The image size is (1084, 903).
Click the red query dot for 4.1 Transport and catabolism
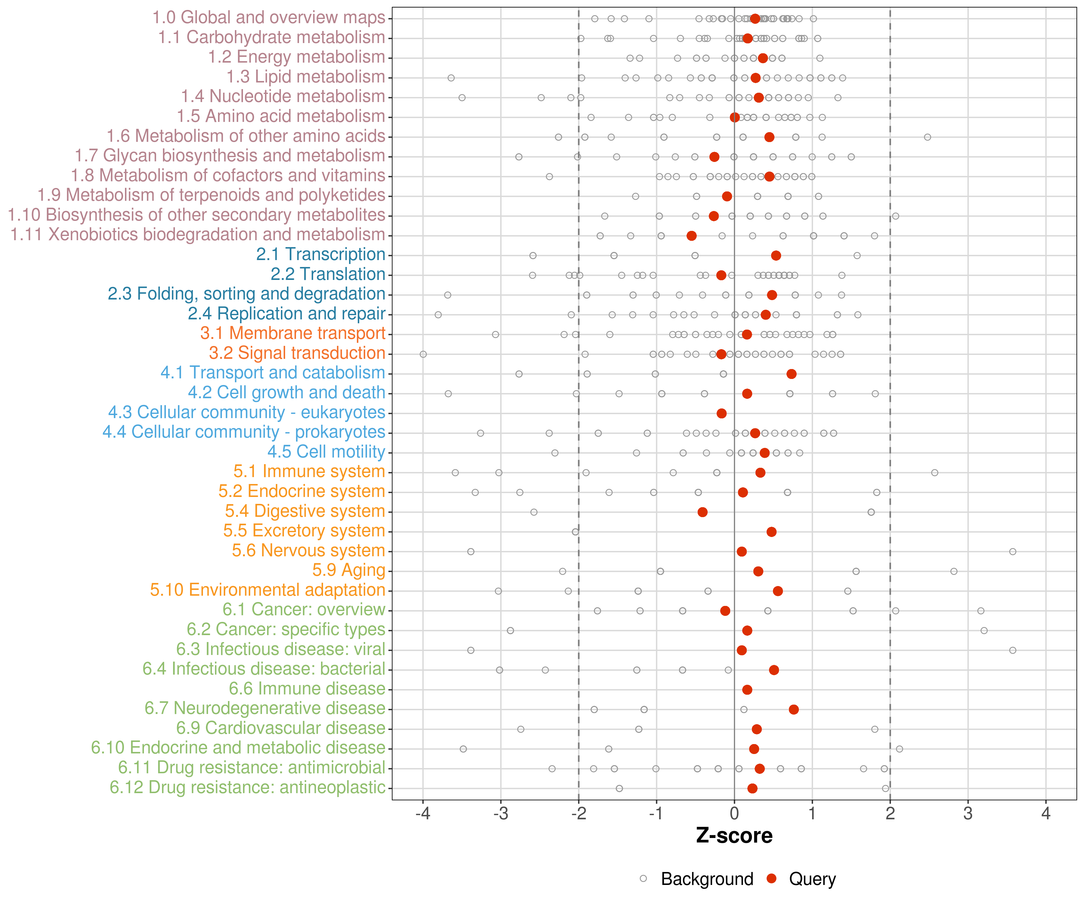tap(791, 374)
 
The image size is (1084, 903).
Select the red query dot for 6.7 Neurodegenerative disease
tap(794, 709)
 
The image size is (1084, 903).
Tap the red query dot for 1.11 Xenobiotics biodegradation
tap(692, 236)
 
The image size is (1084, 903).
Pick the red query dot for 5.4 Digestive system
tap(702, 512)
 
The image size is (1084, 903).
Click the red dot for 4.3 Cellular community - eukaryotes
tap(722, 413)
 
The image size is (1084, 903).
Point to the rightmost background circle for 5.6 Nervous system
tap(1013, 552)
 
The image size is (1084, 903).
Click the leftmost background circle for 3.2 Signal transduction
tap(423, 354)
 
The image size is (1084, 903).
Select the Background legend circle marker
tap(643, 878)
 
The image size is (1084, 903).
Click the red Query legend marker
tap(772, 878)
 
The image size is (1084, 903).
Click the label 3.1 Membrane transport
tap(293, 333)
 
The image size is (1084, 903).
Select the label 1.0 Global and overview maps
tap(268, 17)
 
